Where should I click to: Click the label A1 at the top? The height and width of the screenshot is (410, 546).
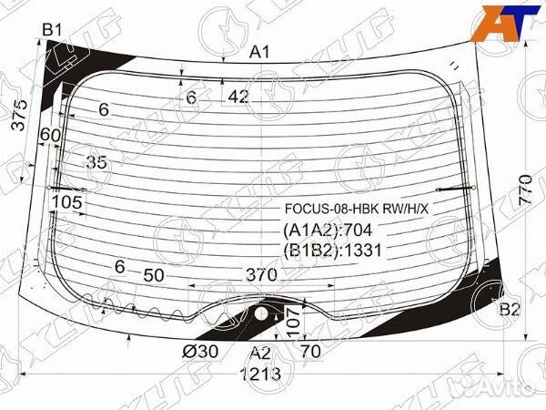(261, 52)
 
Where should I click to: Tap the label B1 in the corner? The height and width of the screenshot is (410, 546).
(52, 29)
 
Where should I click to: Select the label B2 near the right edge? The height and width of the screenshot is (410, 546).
(510, 311)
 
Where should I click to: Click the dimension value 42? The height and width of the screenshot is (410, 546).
(238, 97)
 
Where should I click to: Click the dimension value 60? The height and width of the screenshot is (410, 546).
(51, 135)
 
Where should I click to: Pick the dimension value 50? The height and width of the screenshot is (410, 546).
(154, 274)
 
